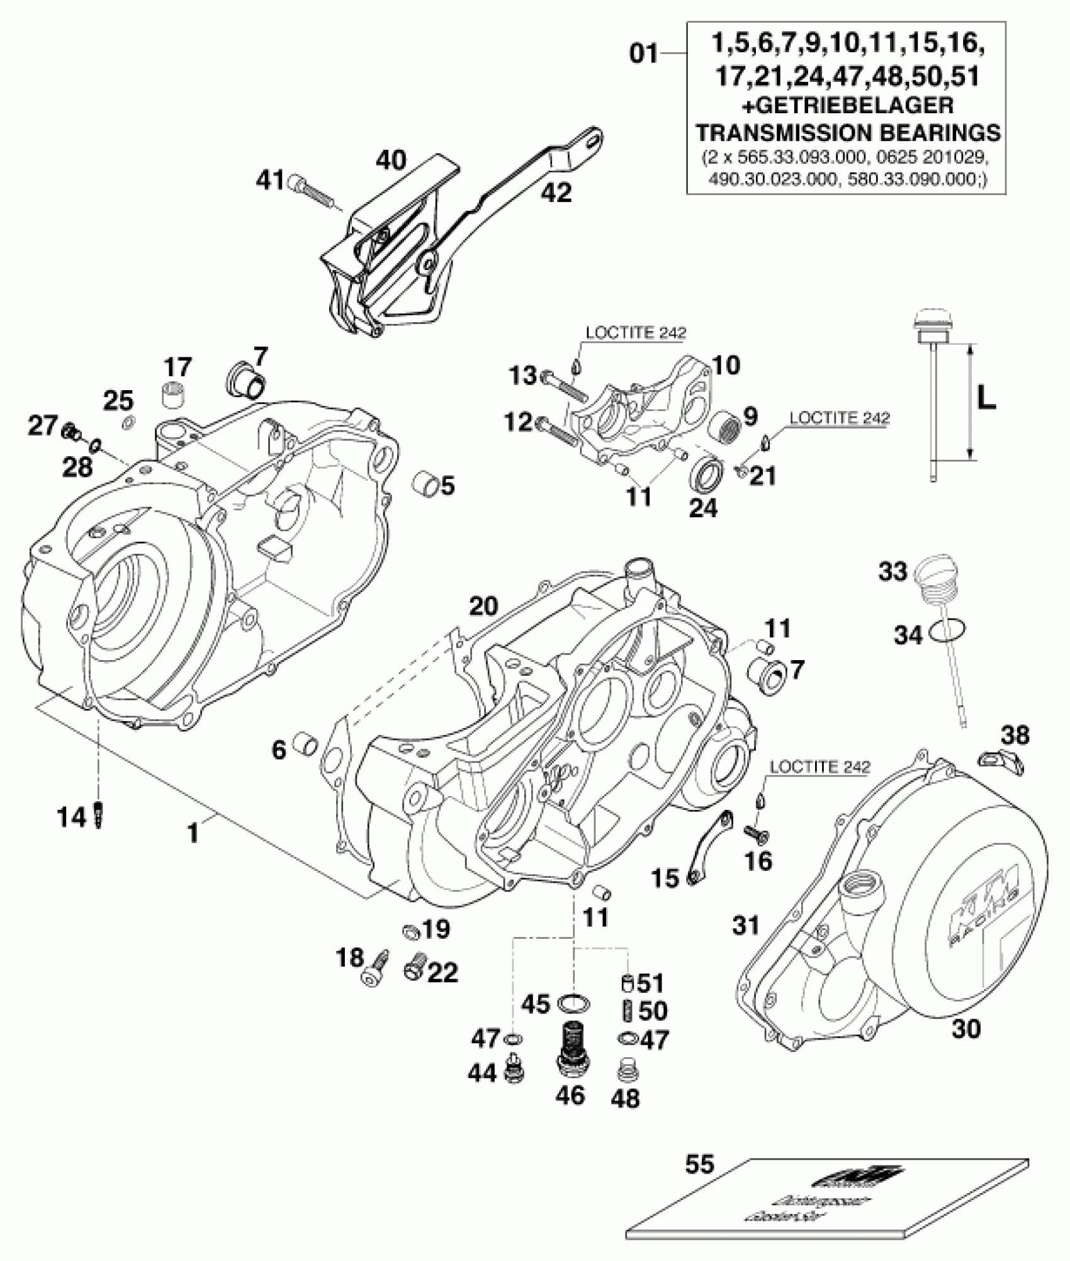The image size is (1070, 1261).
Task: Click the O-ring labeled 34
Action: click(x=947, y=629)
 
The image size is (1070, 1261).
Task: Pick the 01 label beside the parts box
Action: click(x=644, y=54)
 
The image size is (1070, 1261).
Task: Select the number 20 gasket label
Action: click(x=483, y=606)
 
